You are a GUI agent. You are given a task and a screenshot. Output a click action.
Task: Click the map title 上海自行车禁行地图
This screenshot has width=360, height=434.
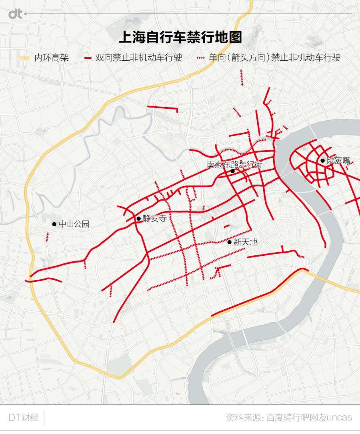[x=180, y=38]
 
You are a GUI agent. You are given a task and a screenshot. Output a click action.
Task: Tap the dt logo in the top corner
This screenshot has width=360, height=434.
[x=16, y=14]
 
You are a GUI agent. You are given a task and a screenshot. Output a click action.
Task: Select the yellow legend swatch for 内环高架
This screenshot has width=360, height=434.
[x=25, y=58]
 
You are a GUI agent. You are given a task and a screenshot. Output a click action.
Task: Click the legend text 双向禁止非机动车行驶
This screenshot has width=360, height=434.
[x=138, y=58]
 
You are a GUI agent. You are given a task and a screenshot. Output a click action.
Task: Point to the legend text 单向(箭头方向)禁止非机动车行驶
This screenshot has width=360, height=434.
[x=274, y=58]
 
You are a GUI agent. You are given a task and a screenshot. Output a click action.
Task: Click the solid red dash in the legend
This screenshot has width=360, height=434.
[x=88, y=58]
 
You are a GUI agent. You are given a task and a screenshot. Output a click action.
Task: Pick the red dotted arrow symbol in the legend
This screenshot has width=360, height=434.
[x=201, y=58]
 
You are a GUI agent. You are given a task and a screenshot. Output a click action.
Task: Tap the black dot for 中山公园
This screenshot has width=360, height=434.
[x=54, y=224]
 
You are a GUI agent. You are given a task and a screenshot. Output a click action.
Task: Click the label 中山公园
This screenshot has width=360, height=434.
[x=74, y=224]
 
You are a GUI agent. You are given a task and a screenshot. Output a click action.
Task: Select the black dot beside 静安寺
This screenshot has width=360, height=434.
[x=138, y=219]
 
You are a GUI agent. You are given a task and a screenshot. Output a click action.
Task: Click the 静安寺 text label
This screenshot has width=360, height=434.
[x=154, y=219]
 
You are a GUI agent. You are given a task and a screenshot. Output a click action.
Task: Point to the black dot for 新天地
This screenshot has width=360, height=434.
[x=229, y=242]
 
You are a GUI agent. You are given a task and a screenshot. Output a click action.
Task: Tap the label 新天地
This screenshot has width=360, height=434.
[x=245, y=242]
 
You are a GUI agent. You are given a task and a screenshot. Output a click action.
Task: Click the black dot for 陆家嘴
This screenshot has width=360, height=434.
[x=322, y=161]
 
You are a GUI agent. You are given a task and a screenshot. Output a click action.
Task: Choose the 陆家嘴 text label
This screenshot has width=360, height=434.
[x=338, y=161]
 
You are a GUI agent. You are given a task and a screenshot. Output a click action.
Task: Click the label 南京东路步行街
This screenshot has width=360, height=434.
[x=234, y=165]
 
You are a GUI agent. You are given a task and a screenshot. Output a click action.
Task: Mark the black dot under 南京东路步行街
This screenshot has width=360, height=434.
[x=232, y=171]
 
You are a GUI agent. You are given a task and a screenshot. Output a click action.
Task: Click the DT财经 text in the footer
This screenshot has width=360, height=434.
[x=24, y=418]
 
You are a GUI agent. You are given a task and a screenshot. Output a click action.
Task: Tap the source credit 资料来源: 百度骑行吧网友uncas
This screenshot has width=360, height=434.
[x=288, y=418]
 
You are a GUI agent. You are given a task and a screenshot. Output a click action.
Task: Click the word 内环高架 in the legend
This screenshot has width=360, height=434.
[x=52, y=58]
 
